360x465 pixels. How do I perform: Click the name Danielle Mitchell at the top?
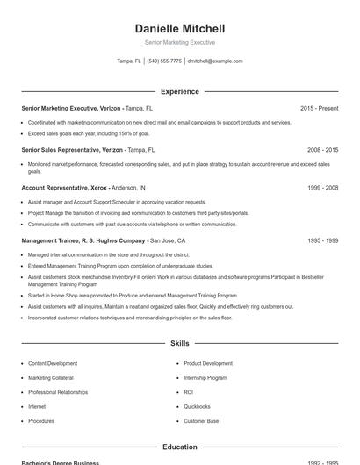pyautogui.click(x=179, y=28)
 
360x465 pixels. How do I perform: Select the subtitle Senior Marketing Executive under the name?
pyautogui.click(x=179, y=42)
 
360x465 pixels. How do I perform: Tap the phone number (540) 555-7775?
pyautogui.click(x=164, y=61)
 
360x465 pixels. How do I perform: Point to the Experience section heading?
pyautogui.click(x=179, y=91)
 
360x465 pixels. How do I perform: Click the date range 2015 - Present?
pyautogui.click(x=319, y=108)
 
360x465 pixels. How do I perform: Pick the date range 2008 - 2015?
pyautogui.click(x=322, y=150)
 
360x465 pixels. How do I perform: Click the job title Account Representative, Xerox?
pyautogui.click(x=64, y=188)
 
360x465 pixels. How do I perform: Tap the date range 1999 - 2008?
pyautogui.click(x=322, y=188)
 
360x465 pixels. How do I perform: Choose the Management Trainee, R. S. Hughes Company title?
pyautogui.click(x=83, y=240)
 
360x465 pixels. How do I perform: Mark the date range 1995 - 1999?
pyautogui.click(x=322, y=240)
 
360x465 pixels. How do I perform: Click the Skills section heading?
pyautogui.click(x=179, y=343)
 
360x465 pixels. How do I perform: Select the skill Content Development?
pyautogui.click(x=53, y=363)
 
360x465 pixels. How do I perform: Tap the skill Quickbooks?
pyautogui.click(x=197, y=406)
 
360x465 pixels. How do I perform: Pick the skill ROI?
pyautogui.click(x=188, y=392)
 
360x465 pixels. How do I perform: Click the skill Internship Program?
pyautogui.click(x=205, y=377)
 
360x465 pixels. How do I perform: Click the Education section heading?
pyautogui.click(x=179, y=447)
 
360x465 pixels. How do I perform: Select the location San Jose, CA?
pyautogui.click(x=168, y=240)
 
